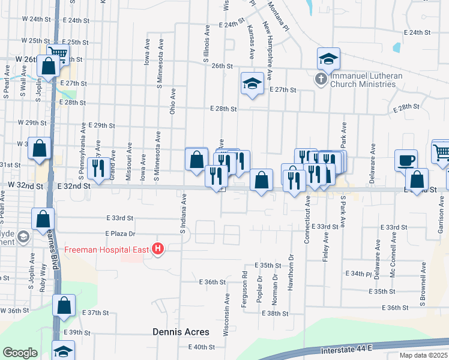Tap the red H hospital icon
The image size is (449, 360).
158,248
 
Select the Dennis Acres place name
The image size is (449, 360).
181,332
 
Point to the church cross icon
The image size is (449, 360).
321,79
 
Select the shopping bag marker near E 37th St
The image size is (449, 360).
64,306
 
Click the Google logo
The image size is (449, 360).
20,353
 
